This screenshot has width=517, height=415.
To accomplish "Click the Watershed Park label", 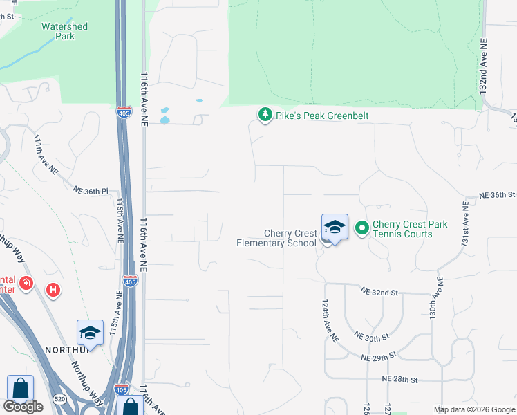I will [x=64, y=31].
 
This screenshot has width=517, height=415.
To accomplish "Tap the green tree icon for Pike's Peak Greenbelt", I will [x=264, y=115].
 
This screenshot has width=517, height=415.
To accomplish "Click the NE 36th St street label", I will [x=497, y=195].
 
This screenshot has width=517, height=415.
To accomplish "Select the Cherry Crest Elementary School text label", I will [x=276, y=238].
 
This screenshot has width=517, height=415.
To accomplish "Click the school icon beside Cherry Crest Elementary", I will [x=335, y=228].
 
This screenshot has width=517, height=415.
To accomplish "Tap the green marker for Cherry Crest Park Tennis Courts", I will [x=361, y=227].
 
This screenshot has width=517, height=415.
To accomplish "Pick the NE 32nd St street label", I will [x=380, y=293].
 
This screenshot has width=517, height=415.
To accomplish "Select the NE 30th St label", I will [x=372, y=335].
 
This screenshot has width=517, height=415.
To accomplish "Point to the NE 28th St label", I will [x=399, y=380].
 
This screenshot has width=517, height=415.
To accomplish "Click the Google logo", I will [x=23, y=407].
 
